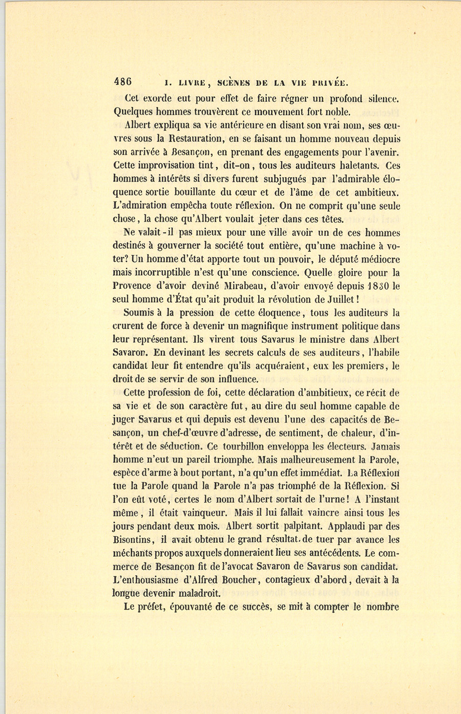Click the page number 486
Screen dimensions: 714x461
[123, 82]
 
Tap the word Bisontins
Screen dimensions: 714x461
[132, 539]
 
